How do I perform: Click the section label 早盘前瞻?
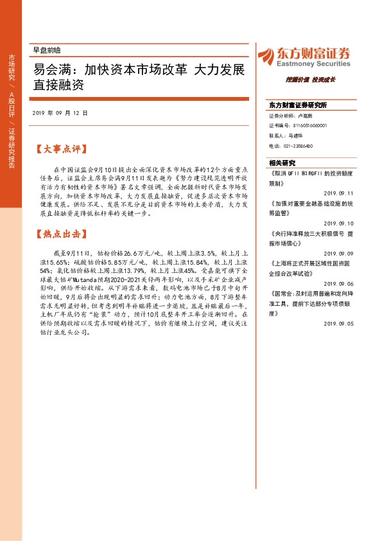(x=46, y=50)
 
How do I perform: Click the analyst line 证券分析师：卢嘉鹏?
(x=291, y=116)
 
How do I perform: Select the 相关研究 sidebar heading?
(x=282, y=163)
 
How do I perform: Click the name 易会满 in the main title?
(x=51, y=69)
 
